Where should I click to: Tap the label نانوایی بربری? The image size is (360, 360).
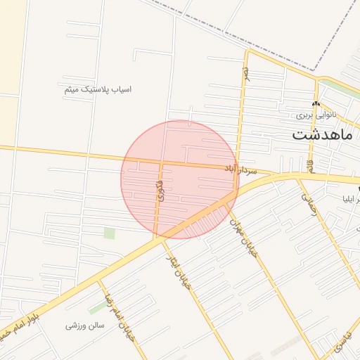(x=316, y=113)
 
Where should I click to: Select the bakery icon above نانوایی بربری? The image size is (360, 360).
(x=316, y=103)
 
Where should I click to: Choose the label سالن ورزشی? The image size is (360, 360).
(x=85, y=326)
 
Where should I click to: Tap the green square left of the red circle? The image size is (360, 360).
(x=109, y=233)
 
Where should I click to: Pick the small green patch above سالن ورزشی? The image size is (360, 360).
(x=98, y=308)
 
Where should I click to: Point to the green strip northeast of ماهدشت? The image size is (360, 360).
(x=345, y=87)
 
